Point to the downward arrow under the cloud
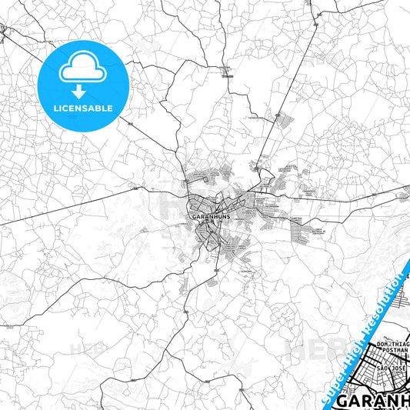[x=80, y=92]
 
